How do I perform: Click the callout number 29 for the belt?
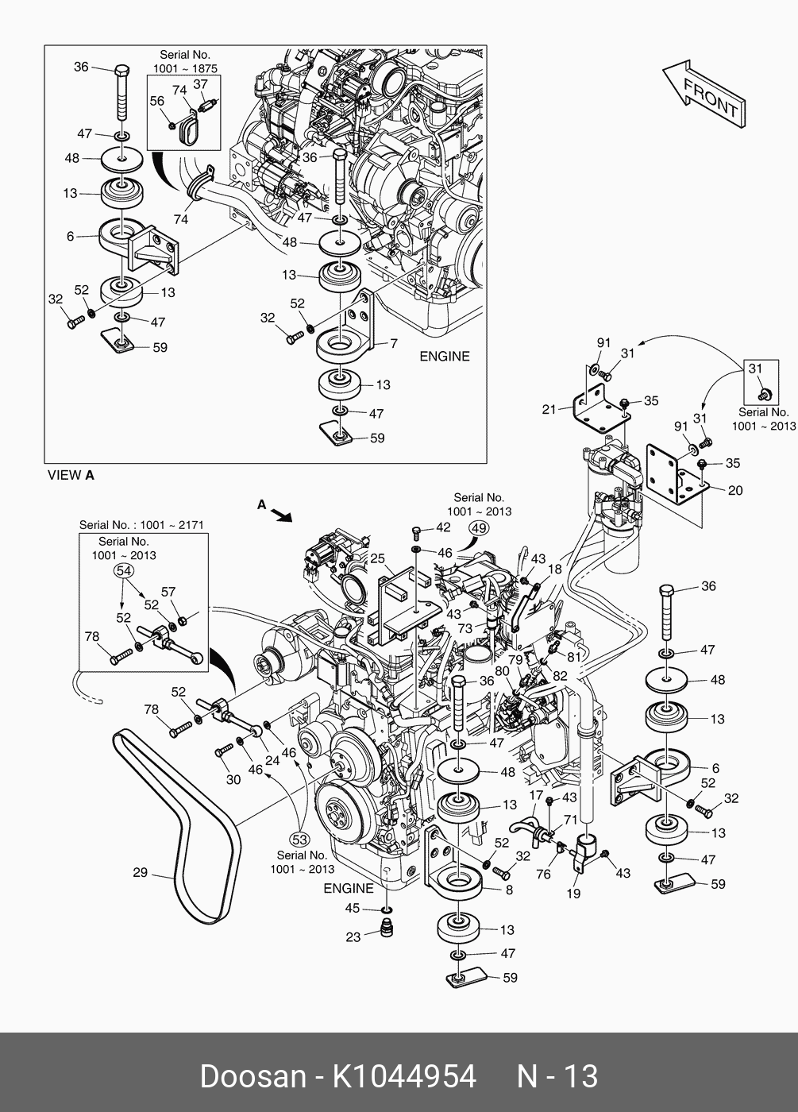pyautogui.click(x=140, y=873)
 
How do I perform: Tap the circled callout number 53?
pyautogui.click(x=299, y=839)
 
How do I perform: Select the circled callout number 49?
pyautogui.click(x=479, y=527)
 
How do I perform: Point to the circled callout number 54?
pyautogui.click(x=125, y=570)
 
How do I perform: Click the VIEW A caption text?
pyautogui.click(x=71, y=476)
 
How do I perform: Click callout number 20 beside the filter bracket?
pyautogui.click(x=734, y=490)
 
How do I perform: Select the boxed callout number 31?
pyautogui.click(x=755, y=369)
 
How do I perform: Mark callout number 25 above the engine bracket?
pyautogui.click(x=377, y=558)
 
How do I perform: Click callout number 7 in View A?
pyautogui.click(x=392, y=343)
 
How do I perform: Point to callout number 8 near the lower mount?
pyautogui.click(x=509, y=890)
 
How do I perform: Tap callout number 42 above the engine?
pyautogui.click(x=443, y=527)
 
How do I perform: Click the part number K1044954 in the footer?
pyautogui.click(x=403, y=1076)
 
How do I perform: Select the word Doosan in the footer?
pyautogui.click(x=253, y=1076)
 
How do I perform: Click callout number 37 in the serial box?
pyautogui.click(x=201, y=84)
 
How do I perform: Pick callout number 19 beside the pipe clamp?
pyautogui.click(x=573, y=893)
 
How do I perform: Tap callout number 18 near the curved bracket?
pyautogui.click(x=554, y=569)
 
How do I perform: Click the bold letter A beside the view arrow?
pyautogui.click(x=261, y=504)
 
